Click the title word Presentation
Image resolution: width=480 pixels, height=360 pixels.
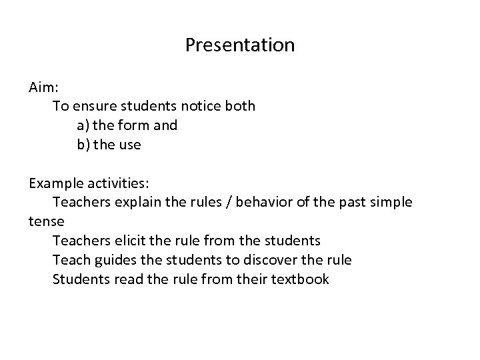[x=240, y=45]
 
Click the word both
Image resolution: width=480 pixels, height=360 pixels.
[x=241, y=106]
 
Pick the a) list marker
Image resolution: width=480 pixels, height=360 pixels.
[x=83, y=125]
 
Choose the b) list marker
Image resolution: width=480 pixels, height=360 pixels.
[x=83, y=145]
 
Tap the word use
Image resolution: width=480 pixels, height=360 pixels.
[x=129, y=145]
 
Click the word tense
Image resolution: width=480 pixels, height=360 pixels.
[x=45, y=221]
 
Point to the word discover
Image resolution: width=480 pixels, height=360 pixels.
[x=289, y=259]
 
